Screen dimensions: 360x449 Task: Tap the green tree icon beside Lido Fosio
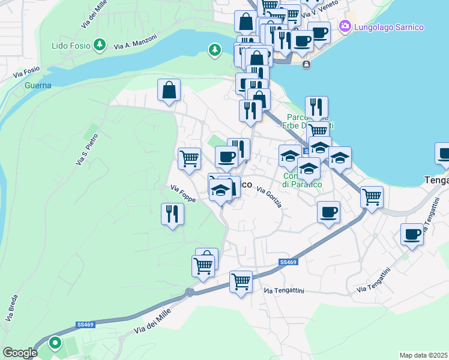100,44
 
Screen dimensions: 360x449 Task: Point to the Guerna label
38,85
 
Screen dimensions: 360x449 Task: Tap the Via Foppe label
182,193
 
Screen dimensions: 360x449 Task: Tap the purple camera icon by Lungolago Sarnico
345,26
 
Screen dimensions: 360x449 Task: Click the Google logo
20,353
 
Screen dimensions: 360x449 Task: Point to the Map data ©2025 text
423,355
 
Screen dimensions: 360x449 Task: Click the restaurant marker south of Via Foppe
172,214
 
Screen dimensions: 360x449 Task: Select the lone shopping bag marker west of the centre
169,91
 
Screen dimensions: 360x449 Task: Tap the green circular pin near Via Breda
55,343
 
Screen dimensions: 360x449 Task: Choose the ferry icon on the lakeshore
307,64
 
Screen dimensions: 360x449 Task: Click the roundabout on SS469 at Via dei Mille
190,293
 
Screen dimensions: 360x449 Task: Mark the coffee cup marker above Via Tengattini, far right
412,235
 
